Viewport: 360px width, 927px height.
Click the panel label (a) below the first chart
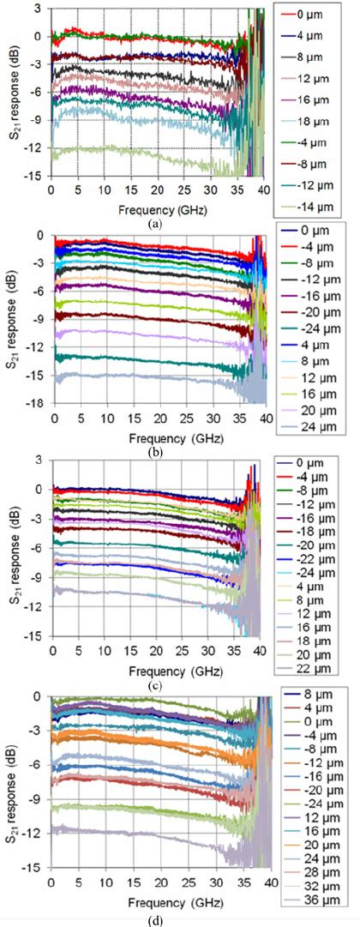[154, 223]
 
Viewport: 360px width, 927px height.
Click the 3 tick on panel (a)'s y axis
[39, 8]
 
